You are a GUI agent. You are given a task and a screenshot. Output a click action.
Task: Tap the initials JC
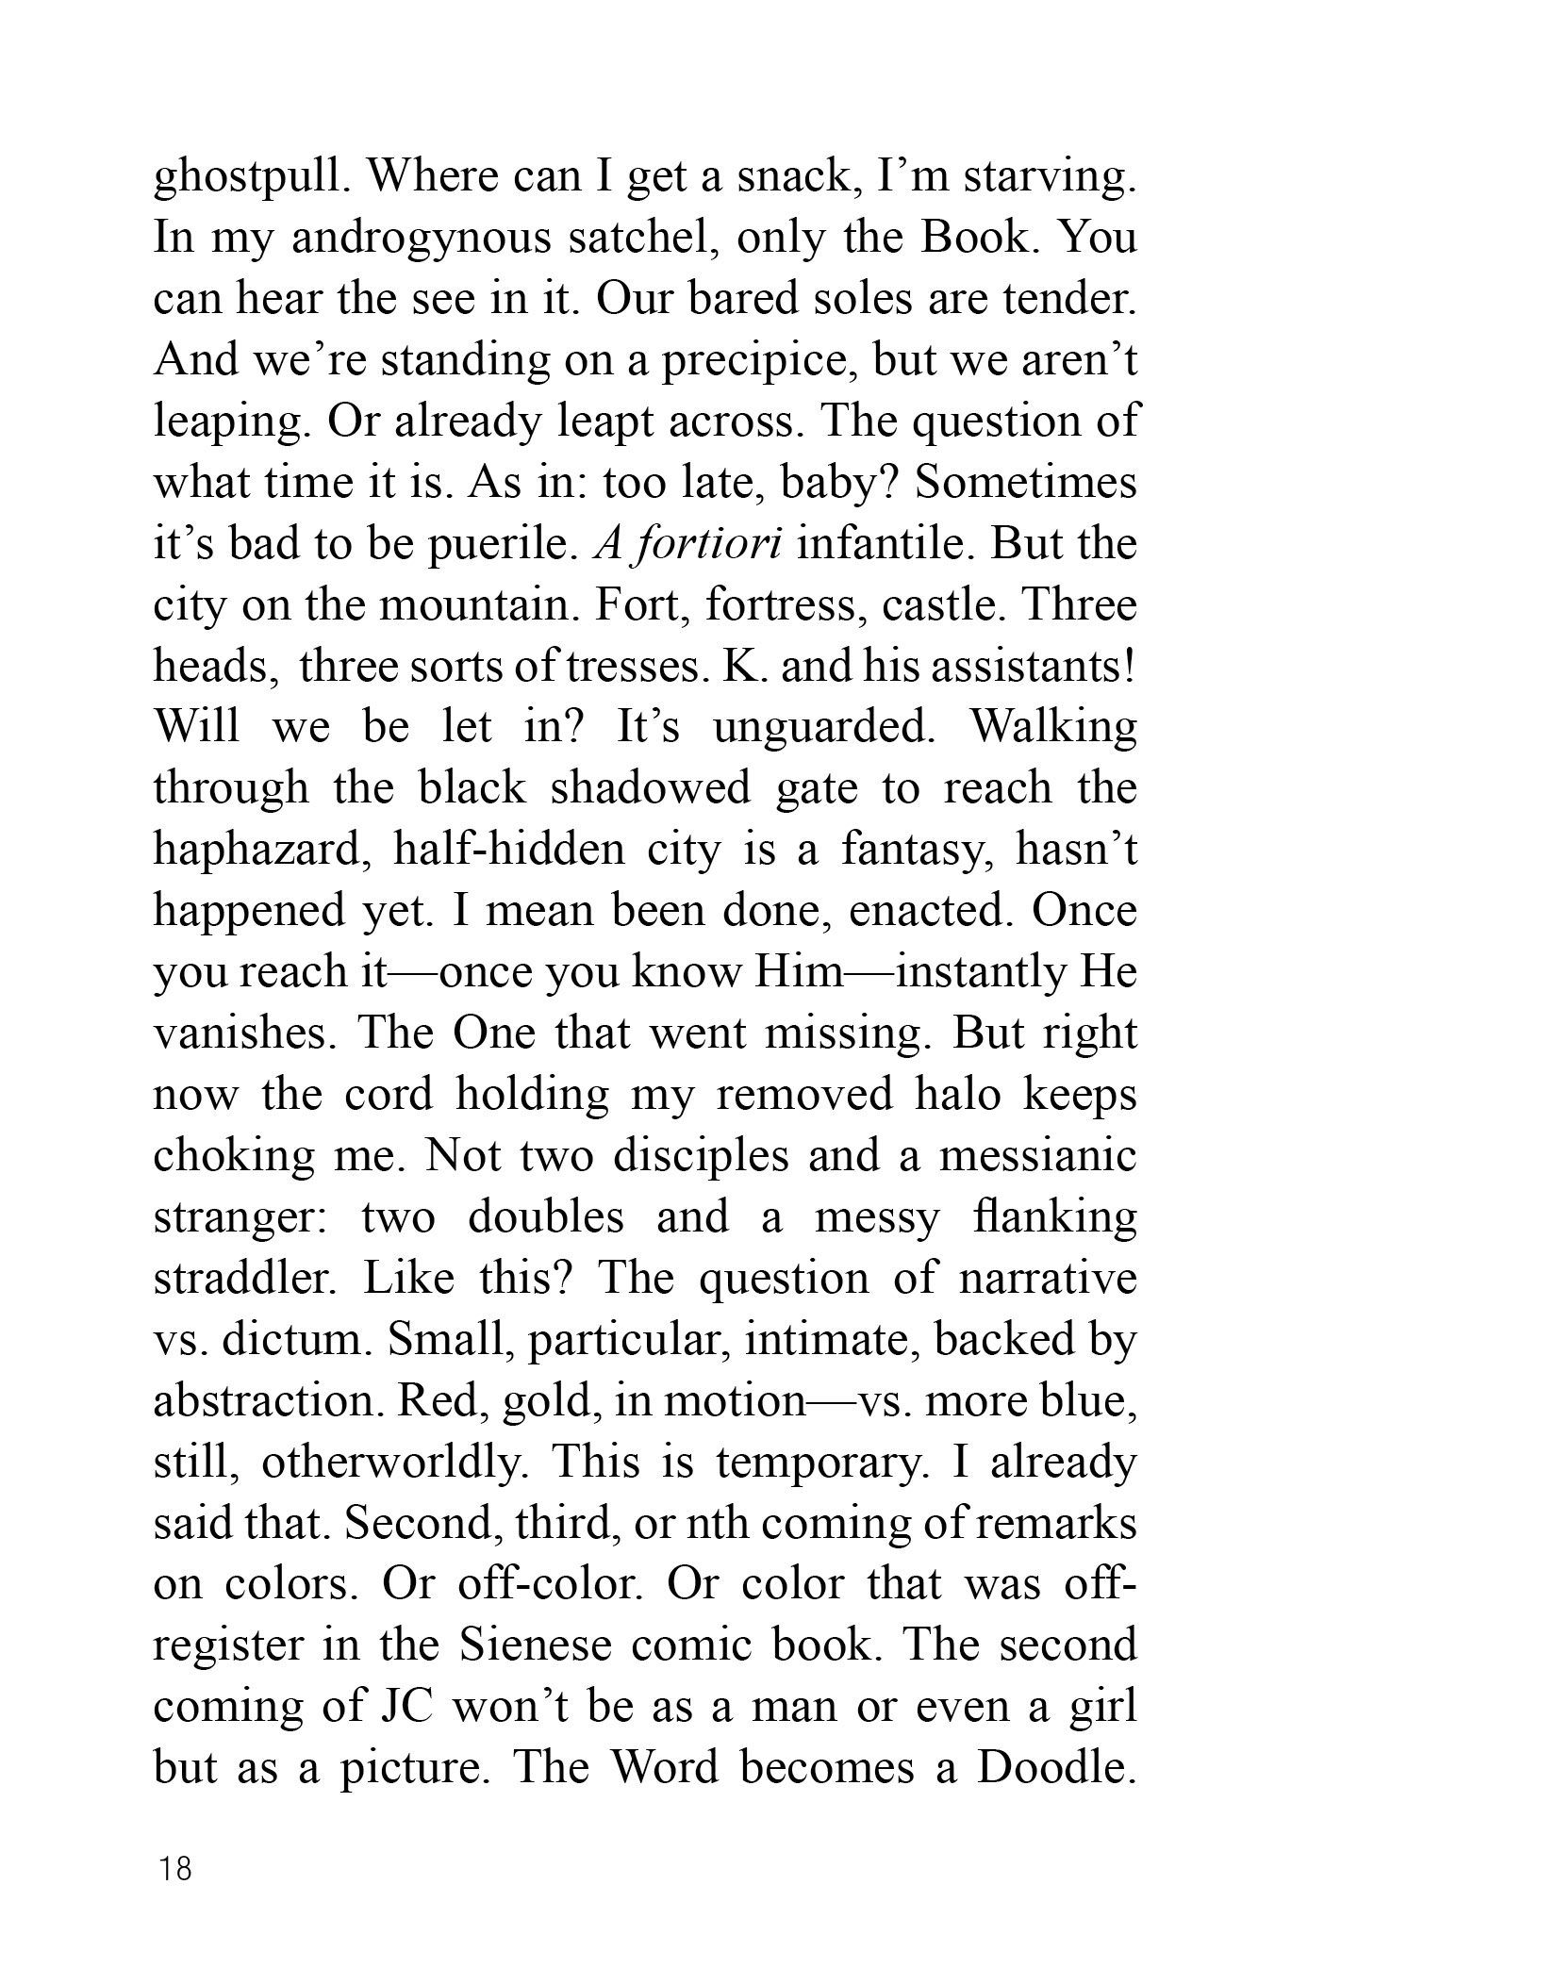tap(405, 1708)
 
